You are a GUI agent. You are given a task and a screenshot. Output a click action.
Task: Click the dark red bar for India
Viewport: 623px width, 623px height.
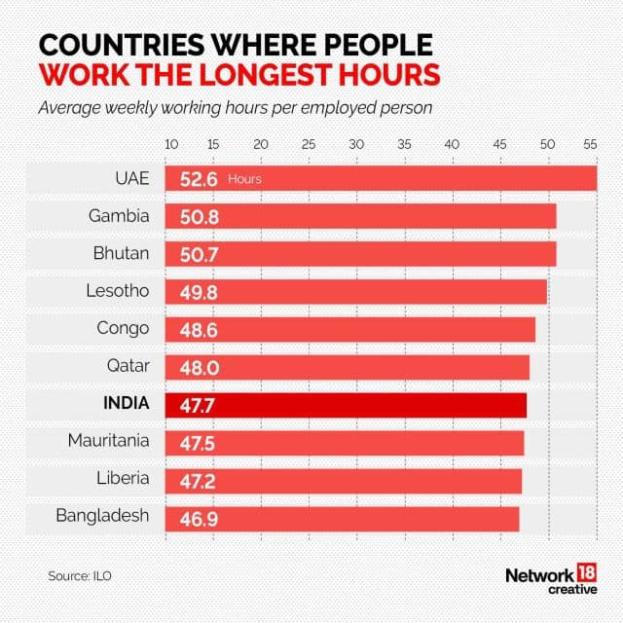[x=346, y=405]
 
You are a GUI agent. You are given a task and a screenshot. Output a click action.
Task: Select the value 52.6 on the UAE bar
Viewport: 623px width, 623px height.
[x=198, y=179]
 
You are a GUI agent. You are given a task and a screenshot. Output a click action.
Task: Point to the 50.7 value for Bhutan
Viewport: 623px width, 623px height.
[x=199, y=254]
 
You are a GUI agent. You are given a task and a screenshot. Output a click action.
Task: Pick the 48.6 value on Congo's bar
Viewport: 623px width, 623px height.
[x=199, y=330]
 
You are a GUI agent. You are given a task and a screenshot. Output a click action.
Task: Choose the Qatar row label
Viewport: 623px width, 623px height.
[x=127, y=365]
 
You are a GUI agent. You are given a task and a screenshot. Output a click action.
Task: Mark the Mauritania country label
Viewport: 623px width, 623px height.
[x=108, y=440]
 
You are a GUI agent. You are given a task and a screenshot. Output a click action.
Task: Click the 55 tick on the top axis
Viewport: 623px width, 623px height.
[x=590, y=144]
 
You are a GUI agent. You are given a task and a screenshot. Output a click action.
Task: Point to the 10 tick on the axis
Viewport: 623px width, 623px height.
[x=172, y=144]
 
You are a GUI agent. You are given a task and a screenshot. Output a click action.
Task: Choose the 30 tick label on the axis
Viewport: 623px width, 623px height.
[x=357, y=144]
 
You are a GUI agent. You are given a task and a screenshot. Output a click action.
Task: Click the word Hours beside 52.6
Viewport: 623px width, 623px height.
[x=244, y=180]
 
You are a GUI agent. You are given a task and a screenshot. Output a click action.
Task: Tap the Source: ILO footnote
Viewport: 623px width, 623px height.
[x=80, y=576]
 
